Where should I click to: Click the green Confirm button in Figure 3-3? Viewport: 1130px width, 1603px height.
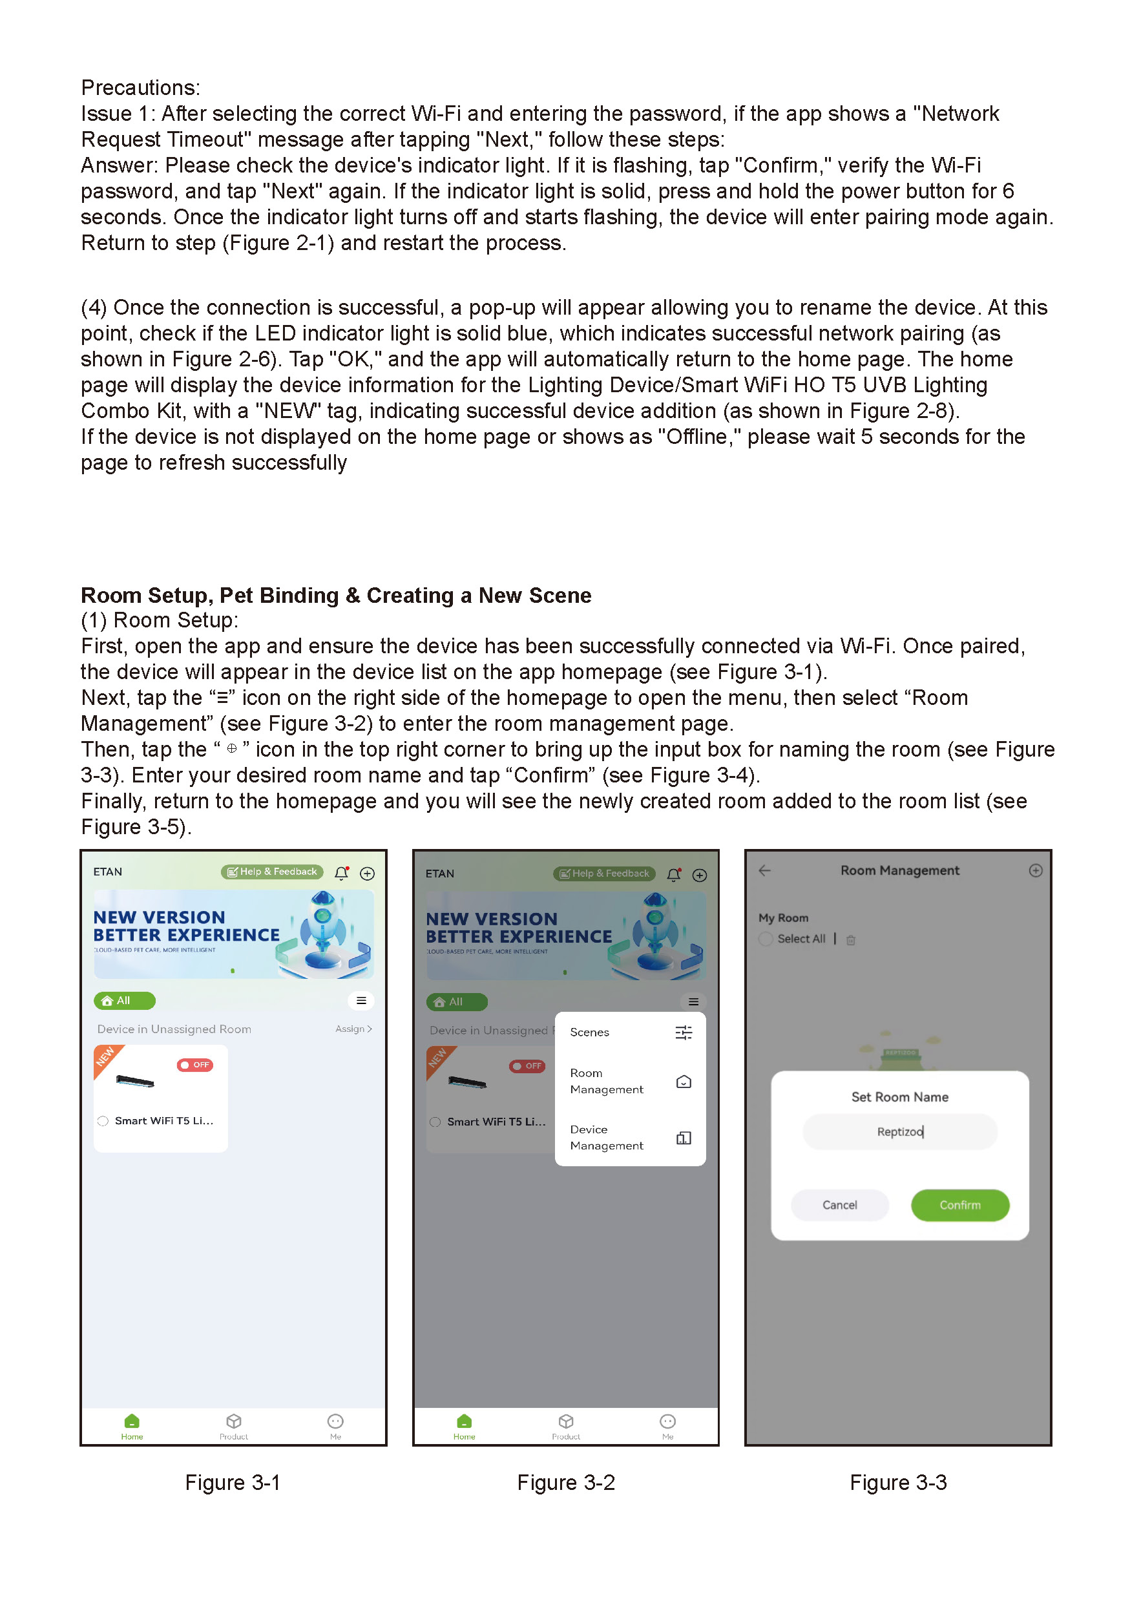[x=959, y=1204]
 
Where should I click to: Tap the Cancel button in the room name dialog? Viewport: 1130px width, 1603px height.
[x=839, y=1204]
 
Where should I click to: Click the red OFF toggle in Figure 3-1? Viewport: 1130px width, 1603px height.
[x=194, y=1065]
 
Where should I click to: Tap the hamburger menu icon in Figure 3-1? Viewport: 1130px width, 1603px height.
[x=361, y=1000]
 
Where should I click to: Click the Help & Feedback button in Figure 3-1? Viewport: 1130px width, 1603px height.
[x=272, y=872]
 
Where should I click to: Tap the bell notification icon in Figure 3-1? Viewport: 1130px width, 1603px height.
[x=341, y=873]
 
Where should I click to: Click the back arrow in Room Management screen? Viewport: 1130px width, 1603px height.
[x=764, y=870]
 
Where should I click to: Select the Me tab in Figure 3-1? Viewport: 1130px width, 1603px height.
[x=335, y=1426]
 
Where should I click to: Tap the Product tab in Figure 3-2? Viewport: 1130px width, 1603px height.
[x=565, y=1426]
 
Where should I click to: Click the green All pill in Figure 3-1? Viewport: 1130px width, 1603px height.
[x=124, y=1000]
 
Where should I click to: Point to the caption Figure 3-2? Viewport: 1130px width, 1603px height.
[x=565, y=1482]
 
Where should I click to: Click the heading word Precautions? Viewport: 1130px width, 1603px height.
[x=140, y=87]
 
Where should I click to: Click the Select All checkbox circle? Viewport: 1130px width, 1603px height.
[x=766, y=938]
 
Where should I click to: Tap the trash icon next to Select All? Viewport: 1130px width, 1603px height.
[x=850, y=939]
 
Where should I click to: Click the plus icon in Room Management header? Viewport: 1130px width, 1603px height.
[x=1035, y=870]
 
